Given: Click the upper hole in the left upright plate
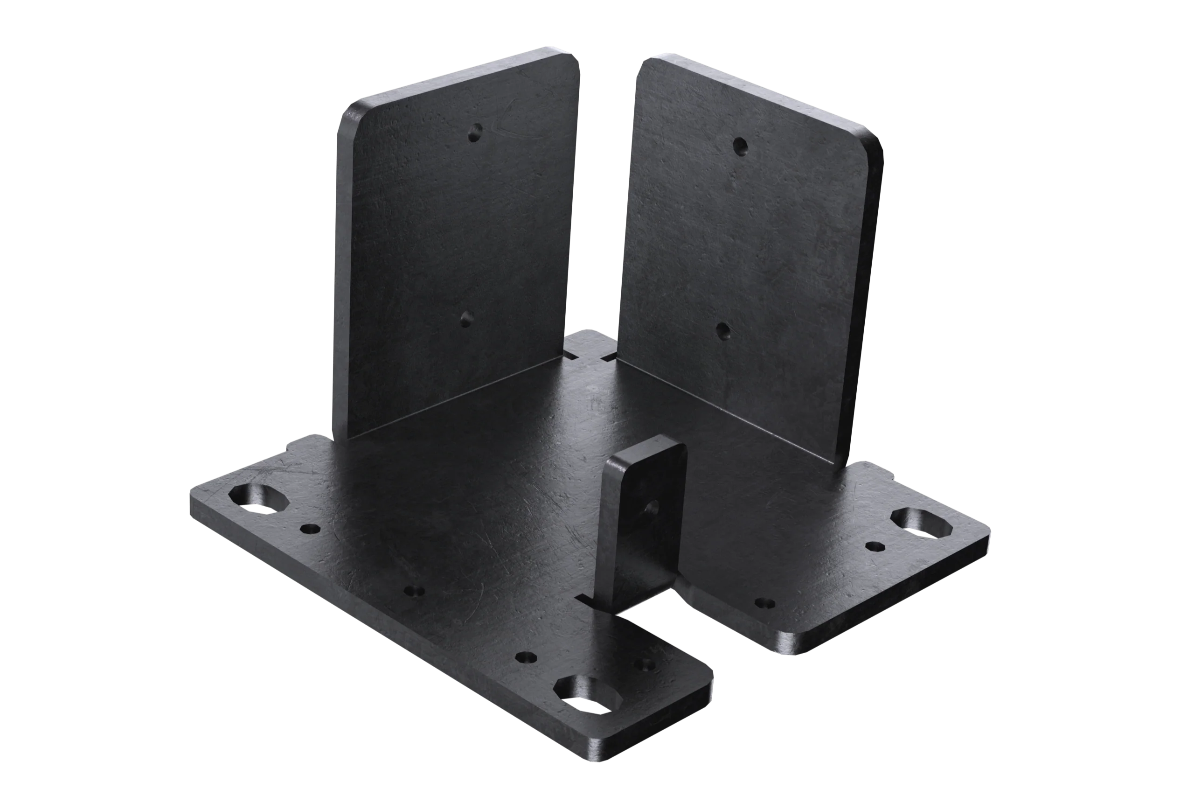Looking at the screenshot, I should pos(475,133).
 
